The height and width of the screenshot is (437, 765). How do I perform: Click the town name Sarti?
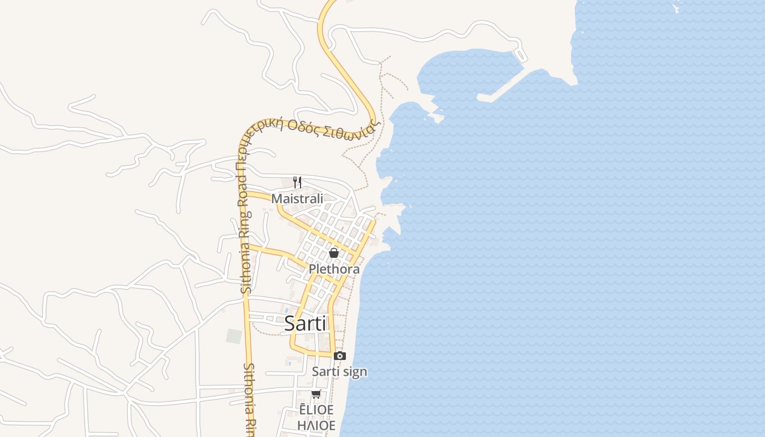point(305,323)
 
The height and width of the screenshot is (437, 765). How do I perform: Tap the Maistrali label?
point(297,198)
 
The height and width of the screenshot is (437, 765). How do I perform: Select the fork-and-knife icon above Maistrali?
point(297,182)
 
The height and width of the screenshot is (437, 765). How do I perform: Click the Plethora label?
point(334,269)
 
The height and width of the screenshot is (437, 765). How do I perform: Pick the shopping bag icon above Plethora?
point(334,253)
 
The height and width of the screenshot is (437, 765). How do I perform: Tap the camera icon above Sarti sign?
point(340,356)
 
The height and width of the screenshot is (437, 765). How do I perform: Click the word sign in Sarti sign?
point(354,372)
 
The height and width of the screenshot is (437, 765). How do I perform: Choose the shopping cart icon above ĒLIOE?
point(316,394)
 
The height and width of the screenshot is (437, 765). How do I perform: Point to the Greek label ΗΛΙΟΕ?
point(316,425)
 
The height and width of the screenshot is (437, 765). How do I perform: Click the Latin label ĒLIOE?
point(316,410)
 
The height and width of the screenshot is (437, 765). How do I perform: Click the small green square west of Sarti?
point(234,336)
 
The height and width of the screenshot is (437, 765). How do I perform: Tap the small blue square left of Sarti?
point(286,310)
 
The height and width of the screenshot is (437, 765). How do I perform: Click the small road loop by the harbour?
point(520,55)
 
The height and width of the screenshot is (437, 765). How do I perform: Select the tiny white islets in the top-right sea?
point(676,7)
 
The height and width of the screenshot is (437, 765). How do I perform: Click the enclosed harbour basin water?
point(464,71)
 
